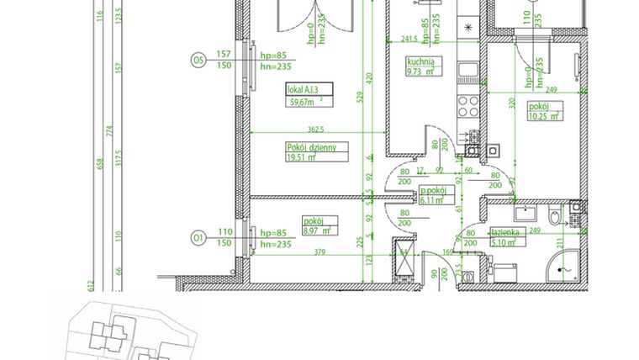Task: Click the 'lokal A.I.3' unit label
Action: [303, 88]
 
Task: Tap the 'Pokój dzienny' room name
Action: [311, 148]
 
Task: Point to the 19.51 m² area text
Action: [301, 157]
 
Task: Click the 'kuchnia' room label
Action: [420, 62]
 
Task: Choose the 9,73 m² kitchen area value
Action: [420, 72]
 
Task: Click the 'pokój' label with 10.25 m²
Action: [539, 107]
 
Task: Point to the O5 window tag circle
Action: [198, 60]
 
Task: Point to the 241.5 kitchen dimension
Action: [409, 39]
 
